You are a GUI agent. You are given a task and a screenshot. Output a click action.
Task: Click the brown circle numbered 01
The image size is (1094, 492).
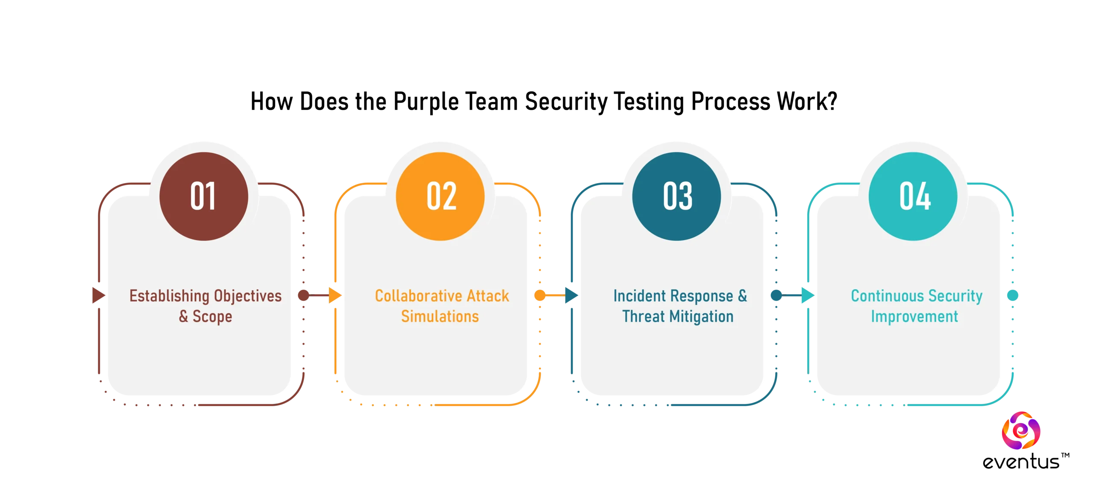pos(204,196)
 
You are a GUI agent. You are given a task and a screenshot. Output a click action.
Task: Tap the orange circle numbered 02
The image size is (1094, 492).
pos(440,196)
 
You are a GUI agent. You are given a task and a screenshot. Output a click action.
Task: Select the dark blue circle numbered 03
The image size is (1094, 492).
pos(676,196)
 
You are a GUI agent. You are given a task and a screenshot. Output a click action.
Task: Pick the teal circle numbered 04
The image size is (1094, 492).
pos(913,196)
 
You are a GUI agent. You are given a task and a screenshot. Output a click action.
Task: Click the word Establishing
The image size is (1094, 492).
pos(169,296)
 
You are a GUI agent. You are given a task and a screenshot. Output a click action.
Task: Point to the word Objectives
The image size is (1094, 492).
pos(248,296)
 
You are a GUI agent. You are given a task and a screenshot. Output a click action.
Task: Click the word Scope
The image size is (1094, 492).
pos(212,316)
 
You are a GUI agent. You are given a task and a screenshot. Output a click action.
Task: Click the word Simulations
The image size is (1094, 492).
pos(440,316)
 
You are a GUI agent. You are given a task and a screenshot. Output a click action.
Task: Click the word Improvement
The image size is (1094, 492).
pos(915,316)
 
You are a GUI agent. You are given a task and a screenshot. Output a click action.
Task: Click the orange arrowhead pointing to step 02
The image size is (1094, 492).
pos(335,295)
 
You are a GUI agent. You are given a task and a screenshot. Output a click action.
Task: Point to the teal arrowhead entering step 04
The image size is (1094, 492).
pos(807,295)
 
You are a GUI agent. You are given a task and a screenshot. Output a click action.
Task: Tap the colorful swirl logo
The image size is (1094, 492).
pos(1022,430)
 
